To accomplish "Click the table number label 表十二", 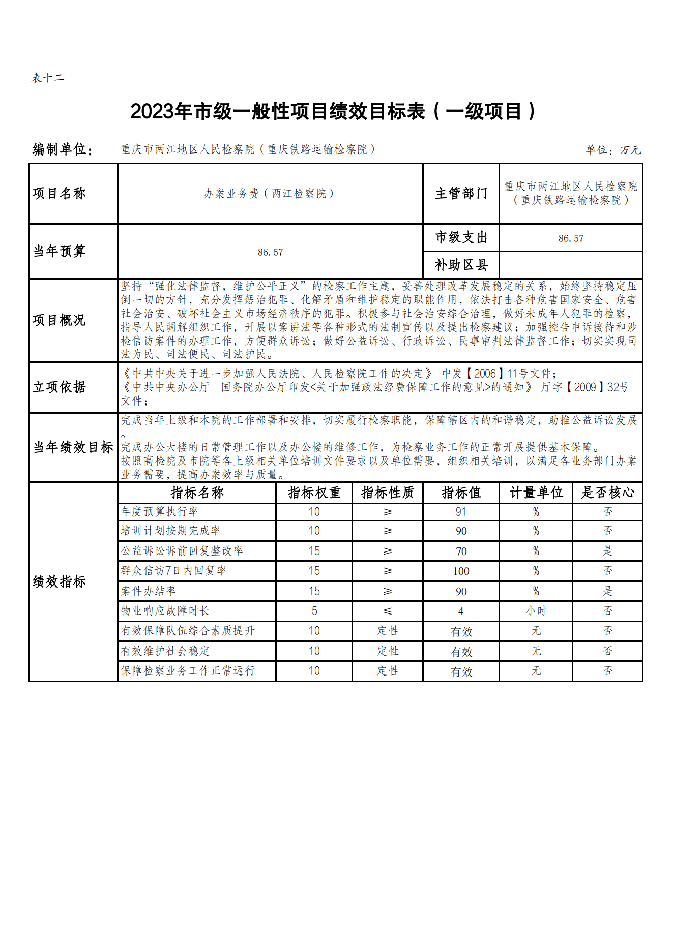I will pyautogui.click(x=48, y=78).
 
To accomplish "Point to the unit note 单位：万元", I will pyautogui.click(x=612, y=150).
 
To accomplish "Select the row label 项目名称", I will pyautogui.click(x=59, y=193).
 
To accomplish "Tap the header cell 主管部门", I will pyautogui.click(x=461, y=193).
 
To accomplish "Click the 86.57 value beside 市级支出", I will pyautogui.click(x=571, y=238).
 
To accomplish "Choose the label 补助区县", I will pyautogui.click(x=461, y=265).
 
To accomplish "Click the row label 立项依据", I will pyautogui.click(x=59, y=387).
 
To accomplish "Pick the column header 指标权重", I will pyautogui.click(x=314, y=493).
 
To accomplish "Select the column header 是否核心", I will pyautogui.click(x=607, y=493).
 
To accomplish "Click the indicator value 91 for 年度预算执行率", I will pyautogui.click(x=461, y=512).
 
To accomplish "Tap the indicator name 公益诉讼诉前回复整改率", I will pyautogui.click(x=182, y=551).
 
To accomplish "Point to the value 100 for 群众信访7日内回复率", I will pyautogui.click(x=461, y=571).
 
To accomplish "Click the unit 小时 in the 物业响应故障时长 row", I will pyautogui.click(x=536, y=611).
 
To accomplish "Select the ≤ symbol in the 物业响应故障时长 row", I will pyautogui.click(x=388, y=611).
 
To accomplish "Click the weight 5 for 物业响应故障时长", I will pyautogui.click(x=314, y=611).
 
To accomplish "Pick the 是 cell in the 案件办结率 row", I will pyautogui.click(x=607, y=591).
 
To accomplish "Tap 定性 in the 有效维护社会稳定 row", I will pyautogui.click(x=388, y=651).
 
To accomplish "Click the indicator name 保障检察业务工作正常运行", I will pyautogui.click(x=188, y=671).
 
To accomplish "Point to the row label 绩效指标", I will pyautogui.click(x=59, y=581).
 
